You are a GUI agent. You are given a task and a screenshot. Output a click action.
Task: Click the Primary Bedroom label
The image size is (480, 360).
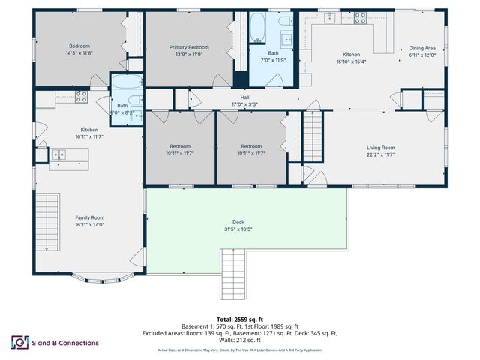pyautogui.click(x=189, y=47)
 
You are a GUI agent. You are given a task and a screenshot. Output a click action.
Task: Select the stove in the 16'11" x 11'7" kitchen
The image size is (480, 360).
pyautogui.click(x=82, y=96)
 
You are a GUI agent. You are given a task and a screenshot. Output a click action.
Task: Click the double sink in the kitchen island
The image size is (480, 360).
pyautogui.click(x=58, y=154)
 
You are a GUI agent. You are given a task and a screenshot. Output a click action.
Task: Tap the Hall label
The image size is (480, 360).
pyautogui.click(x=244, y=96)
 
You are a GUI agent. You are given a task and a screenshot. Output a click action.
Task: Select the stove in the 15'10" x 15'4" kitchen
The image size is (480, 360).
pyautogui.click(x=360, y=16)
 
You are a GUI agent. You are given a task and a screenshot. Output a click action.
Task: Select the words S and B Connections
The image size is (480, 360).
pyautogui.click(x=65, y=343)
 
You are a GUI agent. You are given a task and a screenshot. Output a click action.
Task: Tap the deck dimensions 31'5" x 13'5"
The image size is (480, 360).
pyautogui.click(x=238, y=229)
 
